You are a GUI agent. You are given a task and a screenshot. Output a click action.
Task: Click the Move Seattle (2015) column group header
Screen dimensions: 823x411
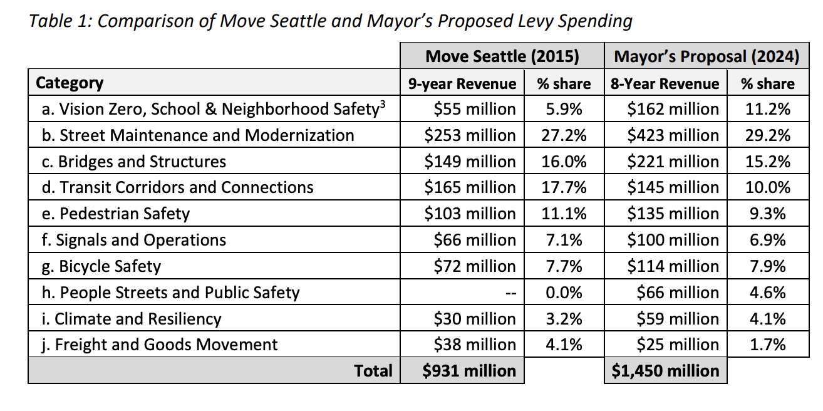(x=502, y=56)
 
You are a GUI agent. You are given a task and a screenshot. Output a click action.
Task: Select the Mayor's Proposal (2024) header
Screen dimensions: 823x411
(x=707, y=56)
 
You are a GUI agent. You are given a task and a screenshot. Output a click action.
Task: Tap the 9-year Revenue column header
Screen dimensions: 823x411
(x=462, y=84)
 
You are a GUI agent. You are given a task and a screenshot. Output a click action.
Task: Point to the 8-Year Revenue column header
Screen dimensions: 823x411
(x=665, y=84)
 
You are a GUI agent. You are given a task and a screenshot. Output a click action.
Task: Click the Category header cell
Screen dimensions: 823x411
(x=70, y=83)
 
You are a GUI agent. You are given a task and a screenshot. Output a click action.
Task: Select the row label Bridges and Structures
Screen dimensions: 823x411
(x=134, y=162)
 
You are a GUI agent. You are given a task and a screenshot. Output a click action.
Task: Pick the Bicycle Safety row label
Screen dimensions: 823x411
(x=101, y=266)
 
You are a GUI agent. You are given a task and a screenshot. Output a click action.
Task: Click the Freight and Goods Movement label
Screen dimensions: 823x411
(x=160, y=345)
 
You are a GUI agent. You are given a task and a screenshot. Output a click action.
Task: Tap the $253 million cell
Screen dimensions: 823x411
(x=470, y=135)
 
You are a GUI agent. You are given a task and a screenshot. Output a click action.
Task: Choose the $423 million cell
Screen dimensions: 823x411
(x=673, y=135)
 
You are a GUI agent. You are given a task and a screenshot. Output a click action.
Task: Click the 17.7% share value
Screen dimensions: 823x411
(x=564, y=187)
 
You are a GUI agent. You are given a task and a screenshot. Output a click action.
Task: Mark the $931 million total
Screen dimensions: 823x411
(x=469, y=370)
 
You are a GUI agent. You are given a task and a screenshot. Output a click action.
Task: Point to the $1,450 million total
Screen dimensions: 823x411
(x=665, y=370)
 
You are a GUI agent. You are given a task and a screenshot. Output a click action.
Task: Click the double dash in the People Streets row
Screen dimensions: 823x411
(x=510, y=293)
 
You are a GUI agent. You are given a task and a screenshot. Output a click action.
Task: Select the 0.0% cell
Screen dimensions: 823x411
(x=564, y=293)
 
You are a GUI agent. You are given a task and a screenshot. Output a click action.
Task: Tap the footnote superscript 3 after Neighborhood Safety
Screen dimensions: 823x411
(x=383, y=105)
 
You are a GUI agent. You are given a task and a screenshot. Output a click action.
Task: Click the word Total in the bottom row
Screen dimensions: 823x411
(x=373, y=370)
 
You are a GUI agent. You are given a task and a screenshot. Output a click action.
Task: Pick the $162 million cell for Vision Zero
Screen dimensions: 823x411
(x=673, y=109)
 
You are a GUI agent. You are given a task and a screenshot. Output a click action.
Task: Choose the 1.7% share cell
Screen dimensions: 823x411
(x=768, y=345)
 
